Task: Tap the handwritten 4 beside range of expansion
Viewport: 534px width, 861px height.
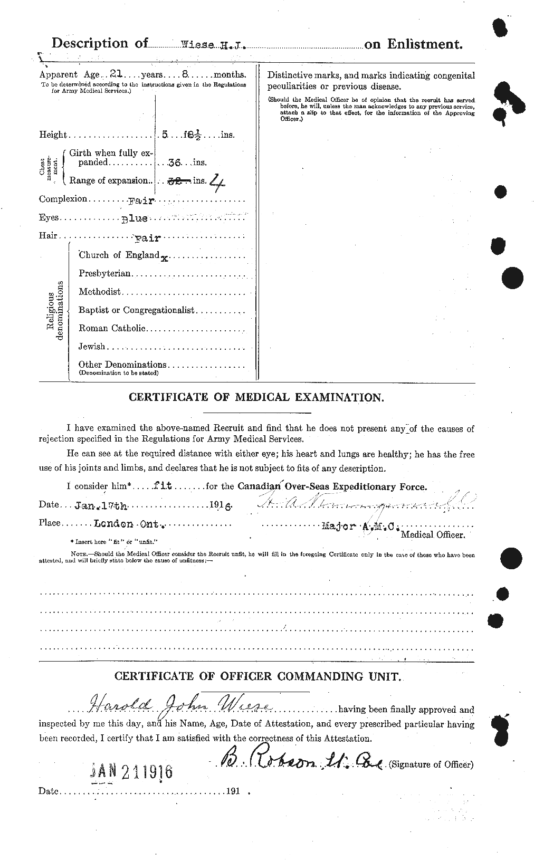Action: click(x=216, y=182)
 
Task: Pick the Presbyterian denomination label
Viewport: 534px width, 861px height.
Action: click(x=105, y=274)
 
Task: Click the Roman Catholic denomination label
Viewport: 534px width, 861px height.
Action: click(x=112, y=328)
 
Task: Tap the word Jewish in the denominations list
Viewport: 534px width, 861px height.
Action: click(x=92, y=347)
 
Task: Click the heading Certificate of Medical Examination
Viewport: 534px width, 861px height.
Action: click(x=256, y=398)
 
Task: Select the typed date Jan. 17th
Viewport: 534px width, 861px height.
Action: click(x=101, y=505)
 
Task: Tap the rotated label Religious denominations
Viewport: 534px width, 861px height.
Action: click(x=55, y=311)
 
